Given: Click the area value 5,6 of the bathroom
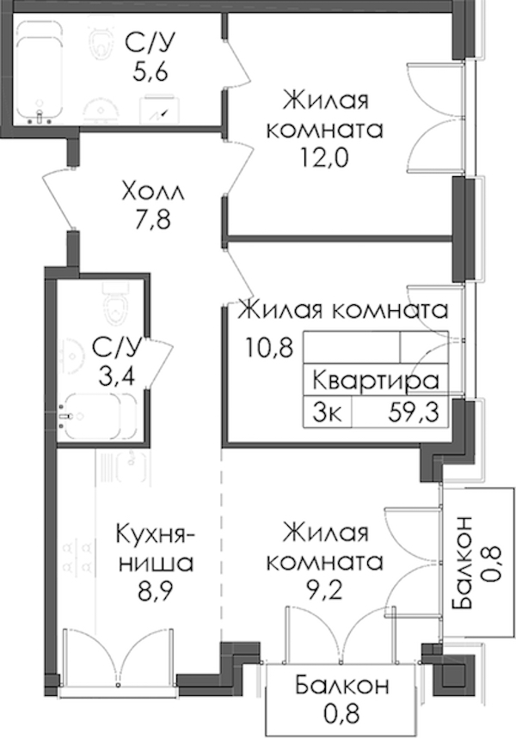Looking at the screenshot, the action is [x=150, y=72].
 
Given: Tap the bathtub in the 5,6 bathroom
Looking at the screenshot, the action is [x=40, y=70].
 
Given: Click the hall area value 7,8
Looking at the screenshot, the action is [x=152, y=220].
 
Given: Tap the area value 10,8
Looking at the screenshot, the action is [x=269, y=348].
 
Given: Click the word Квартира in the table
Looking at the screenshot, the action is [x=376, y=381].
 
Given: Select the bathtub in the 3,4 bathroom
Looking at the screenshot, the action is [x=100, y=416].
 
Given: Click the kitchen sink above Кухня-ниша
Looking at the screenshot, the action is [x=131, y=465].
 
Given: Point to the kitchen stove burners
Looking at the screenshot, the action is [x=77, y=556].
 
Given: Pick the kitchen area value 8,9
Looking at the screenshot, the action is [x=155, y=591].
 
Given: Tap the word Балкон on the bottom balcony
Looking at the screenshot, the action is [x=342, y=686].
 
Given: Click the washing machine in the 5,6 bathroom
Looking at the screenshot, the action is [x=159, y=109].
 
